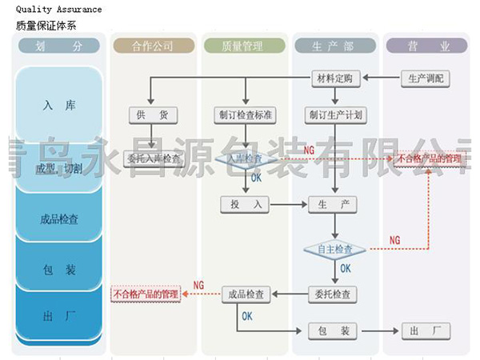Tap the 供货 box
tap(152, 114)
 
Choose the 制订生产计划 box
tap(335, 114)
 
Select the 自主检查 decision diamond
tap(335, 250)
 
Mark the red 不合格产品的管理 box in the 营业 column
tap(430, 158)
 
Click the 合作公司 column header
tap(152, 46)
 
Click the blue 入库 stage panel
tap(59, 104)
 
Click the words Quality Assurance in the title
tap(58, 10)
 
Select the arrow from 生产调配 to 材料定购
tap(382, 78)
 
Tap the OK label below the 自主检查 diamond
tap(346, 269)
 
